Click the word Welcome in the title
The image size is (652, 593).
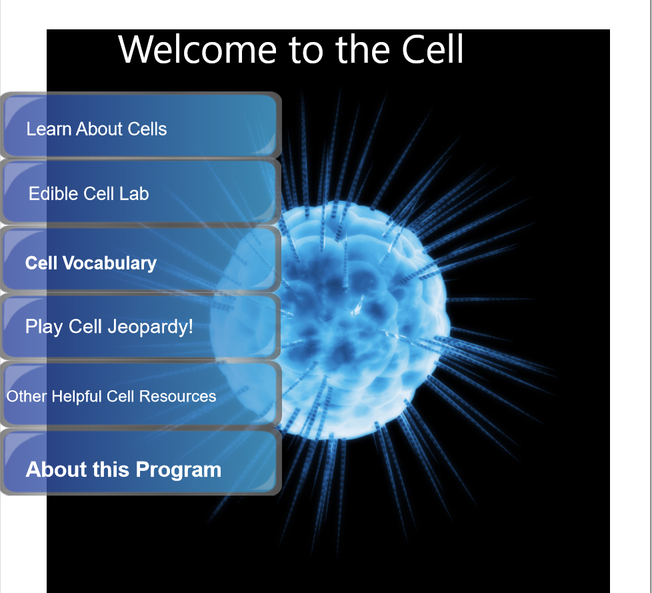[x=197, y=49]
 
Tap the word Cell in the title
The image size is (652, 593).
[x=433, y=49]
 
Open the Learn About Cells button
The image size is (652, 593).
[x=141, y=125]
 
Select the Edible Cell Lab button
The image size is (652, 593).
[x=141, y=192]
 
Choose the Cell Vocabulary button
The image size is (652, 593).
[x=141, y=259]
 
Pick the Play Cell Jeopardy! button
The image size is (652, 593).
[x=141, y=327]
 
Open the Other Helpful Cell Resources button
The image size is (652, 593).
[x=141, y=394]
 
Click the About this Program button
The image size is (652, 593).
[x=141, y=462]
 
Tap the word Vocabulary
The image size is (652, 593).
[x=109, y=263]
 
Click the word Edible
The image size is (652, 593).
[x=53, y=193]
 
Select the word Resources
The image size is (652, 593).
[x=177, y=397]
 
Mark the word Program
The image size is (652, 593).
[x=179, y=470]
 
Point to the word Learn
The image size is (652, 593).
[x=49, y=129]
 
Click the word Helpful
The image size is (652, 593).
[x=77, y=397]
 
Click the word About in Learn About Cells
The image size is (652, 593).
[x=99, y=129]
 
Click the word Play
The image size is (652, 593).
[x=45, y=328]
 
